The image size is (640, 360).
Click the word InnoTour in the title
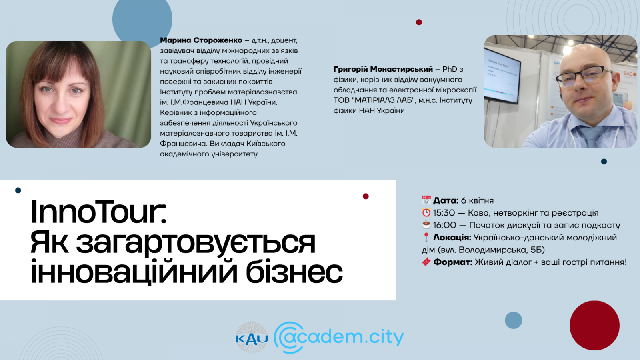pos(98,212)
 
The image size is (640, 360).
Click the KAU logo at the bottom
pos(252,338)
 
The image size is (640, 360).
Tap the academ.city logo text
pos(339,337)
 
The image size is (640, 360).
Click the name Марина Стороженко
pos(201,40)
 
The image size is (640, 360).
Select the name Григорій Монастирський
pos(383,69)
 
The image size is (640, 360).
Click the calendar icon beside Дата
pos(426,200)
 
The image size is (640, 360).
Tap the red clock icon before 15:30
pos(426,213)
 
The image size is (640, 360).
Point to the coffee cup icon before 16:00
pos(426,225)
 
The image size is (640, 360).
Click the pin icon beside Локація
pos(426,238)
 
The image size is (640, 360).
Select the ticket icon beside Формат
pos(426,262)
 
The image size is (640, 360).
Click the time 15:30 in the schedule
pos(444,213)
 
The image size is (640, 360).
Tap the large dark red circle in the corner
pos(594,325)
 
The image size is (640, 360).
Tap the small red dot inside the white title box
pos(366,196)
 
